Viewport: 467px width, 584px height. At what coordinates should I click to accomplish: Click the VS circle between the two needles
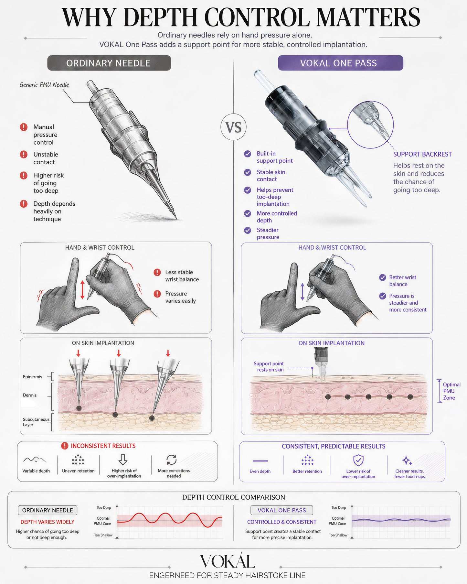coord(233,127)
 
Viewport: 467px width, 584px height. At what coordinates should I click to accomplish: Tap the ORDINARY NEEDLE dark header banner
coord(109,63)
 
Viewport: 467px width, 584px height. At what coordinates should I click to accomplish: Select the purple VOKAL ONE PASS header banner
coord(340,63)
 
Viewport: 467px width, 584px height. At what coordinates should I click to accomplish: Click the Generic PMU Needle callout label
coord(44,85)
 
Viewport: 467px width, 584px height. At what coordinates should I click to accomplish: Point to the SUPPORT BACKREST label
coord(422,154)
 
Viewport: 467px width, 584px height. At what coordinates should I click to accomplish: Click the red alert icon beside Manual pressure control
coord(24,127)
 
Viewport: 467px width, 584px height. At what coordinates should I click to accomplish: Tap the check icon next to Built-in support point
coord(248,154)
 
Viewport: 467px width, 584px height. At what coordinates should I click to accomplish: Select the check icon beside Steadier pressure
coord(248,230)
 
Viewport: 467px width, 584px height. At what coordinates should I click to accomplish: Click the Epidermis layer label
coord(32,377)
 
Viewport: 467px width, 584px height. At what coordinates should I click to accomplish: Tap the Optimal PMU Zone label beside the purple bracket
coord(451,391)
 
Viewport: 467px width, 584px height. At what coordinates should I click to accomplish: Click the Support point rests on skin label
coord(269,367)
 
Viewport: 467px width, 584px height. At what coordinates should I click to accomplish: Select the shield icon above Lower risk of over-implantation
coord(358,460)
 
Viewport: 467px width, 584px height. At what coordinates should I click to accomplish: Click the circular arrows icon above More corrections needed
coord(171,460)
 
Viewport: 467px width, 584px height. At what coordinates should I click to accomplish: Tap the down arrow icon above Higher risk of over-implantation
coord(123,460)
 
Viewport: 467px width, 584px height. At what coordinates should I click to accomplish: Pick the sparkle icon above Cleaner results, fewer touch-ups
coord(407,460)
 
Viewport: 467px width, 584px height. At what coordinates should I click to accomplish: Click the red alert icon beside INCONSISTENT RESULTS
coord(65,446)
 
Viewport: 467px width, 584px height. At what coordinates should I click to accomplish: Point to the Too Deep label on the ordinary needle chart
coord(104,508)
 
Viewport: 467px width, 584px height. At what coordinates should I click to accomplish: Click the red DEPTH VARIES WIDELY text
coord(48,522)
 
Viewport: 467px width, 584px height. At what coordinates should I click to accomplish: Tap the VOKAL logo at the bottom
coord(228,561)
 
